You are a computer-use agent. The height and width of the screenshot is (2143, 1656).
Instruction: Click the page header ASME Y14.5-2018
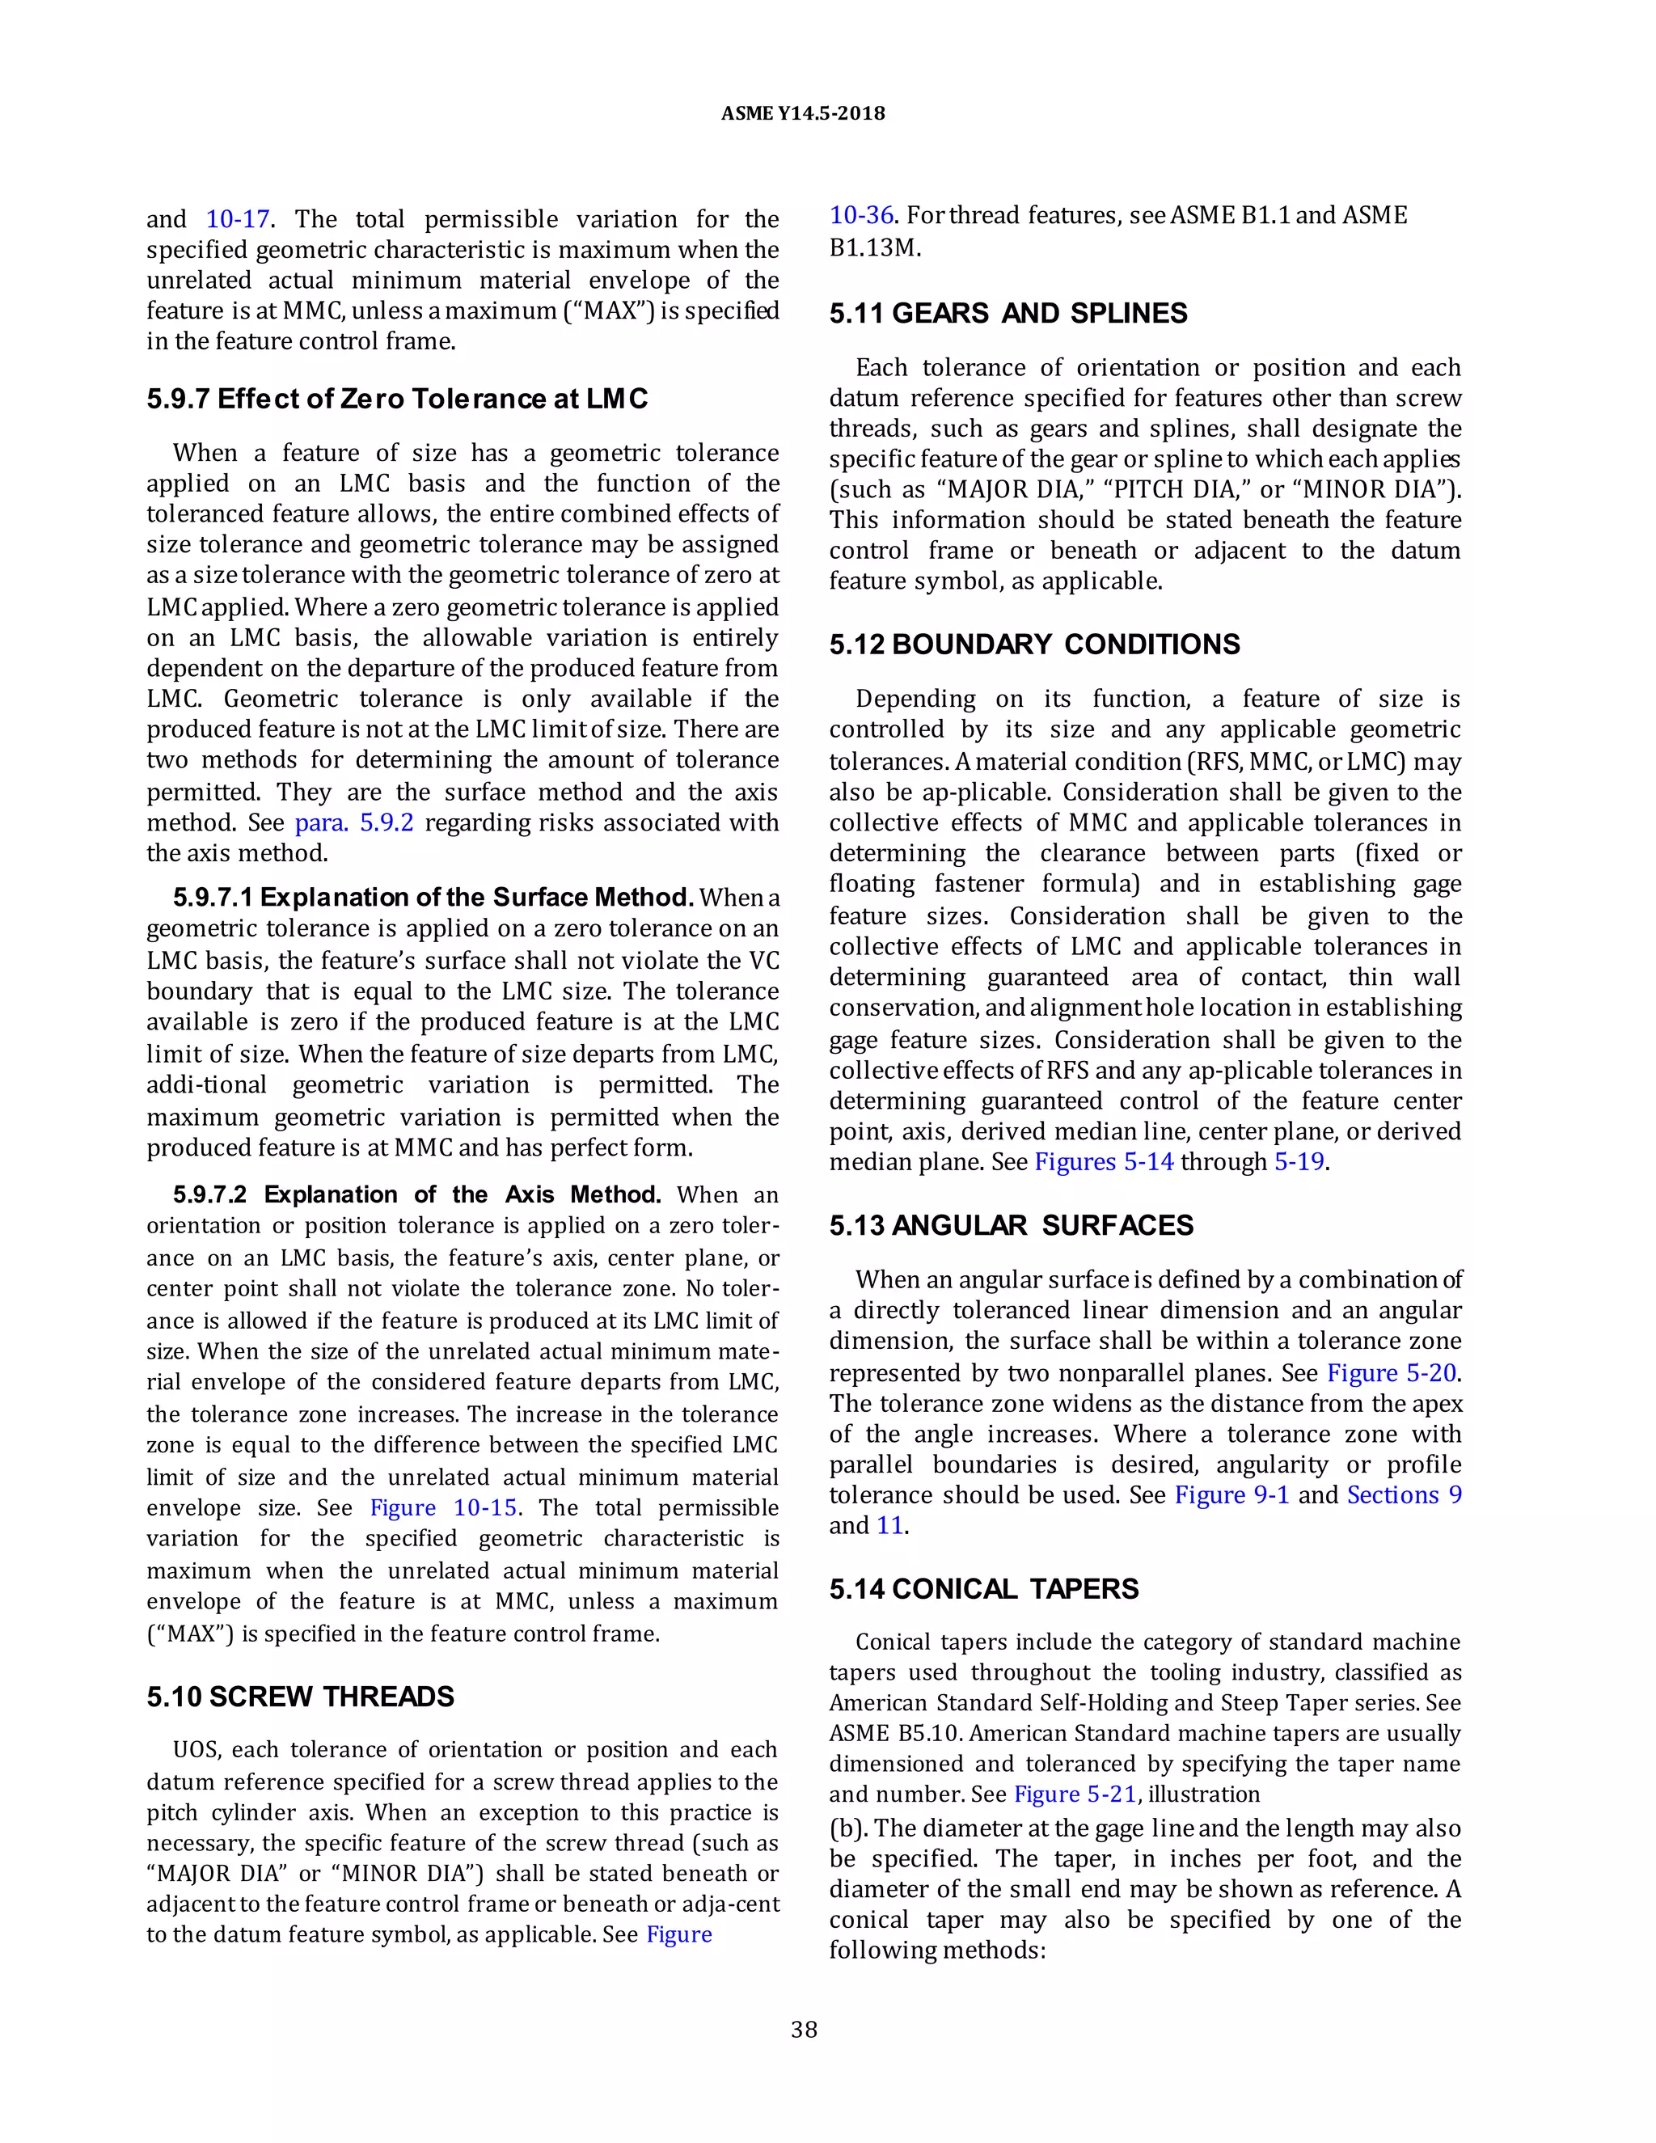point(802,113)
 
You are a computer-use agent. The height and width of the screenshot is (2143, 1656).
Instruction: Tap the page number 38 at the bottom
point(804,2030)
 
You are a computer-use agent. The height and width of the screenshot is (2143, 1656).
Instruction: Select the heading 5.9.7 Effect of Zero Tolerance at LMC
point(397,399)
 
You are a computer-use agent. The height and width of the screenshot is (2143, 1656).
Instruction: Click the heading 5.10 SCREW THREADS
point(300,1697)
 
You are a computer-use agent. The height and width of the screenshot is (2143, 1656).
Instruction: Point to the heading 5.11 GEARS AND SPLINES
point(1008,314)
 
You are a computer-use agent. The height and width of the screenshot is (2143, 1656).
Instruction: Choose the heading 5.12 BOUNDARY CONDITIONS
point(1034,645)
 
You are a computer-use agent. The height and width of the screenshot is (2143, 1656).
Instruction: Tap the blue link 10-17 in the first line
point(239,219)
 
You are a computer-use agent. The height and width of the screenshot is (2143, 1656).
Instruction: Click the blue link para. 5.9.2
point(354,822)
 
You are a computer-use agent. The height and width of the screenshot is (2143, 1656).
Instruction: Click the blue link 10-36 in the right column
point(861,215)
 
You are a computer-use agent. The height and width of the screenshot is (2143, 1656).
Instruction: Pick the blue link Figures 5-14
point(1104,1162)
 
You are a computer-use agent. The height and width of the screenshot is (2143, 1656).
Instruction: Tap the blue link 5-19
point(1299,1162)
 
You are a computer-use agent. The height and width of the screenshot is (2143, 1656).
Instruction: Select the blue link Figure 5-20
point(1391,1373)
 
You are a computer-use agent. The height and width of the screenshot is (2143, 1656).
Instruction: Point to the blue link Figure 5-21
point(1075,1794)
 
